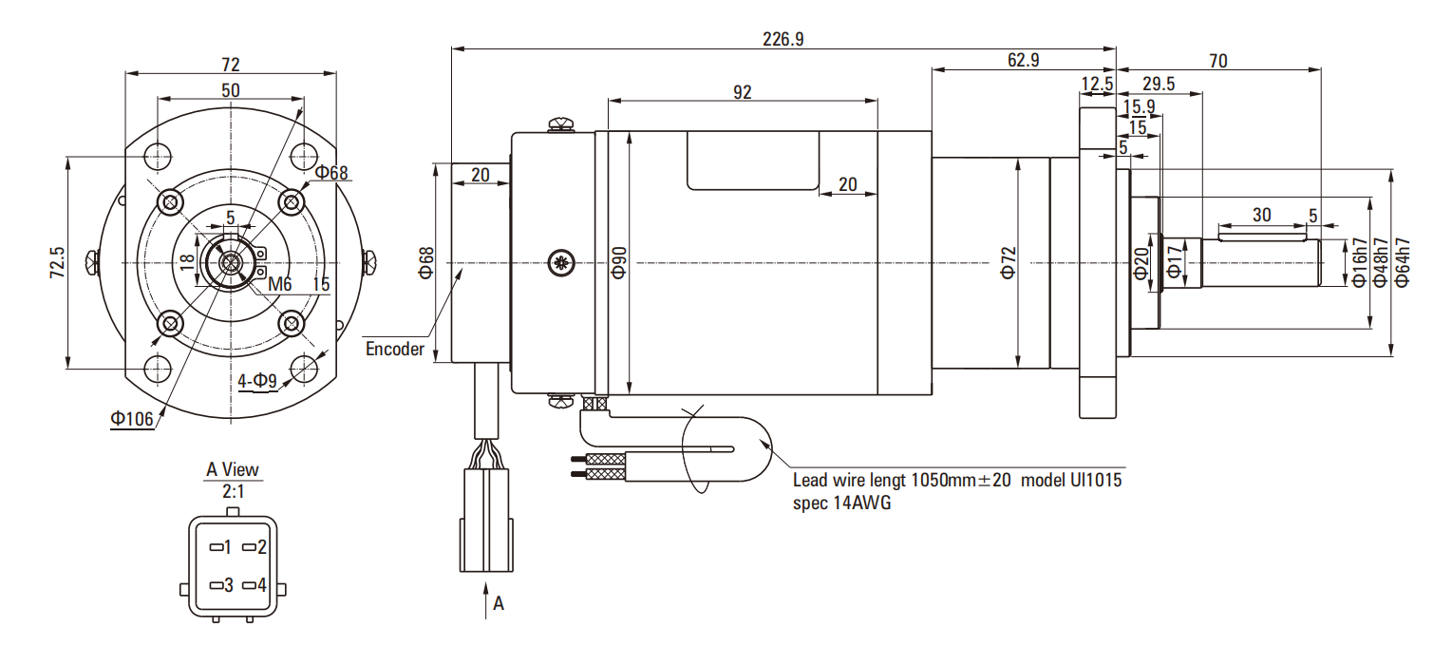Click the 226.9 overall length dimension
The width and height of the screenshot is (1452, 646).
[x=783, y=39]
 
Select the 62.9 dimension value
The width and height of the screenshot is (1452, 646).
[x=1023, y=60]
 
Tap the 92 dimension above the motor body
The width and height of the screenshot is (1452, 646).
[x=743, y=91]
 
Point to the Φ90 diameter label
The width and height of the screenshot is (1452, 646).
[x=619, y=261]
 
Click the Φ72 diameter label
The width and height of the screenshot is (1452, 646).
[x=1008, y=261]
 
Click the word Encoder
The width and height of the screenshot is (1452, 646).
[x=395, y=349]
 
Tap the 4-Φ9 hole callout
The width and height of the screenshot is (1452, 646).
[x=257, y=382]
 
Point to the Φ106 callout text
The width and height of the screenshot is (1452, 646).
[x=132, y=418]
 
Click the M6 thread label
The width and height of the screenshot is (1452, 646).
[x=278, y=284]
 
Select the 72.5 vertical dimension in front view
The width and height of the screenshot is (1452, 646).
[x=57, y=262]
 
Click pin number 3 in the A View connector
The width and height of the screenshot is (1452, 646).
[x=228, y=584]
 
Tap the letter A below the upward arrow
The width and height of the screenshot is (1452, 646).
[x=499, y=603]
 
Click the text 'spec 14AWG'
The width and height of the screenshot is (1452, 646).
[x=841, y=503]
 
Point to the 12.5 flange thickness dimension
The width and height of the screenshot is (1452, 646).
[x=1097, y=84]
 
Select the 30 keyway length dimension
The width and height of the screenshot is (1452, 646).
[x=1261, y=216]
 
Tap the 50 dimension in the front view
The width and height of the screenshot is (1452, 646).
[x=230, y=90]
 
